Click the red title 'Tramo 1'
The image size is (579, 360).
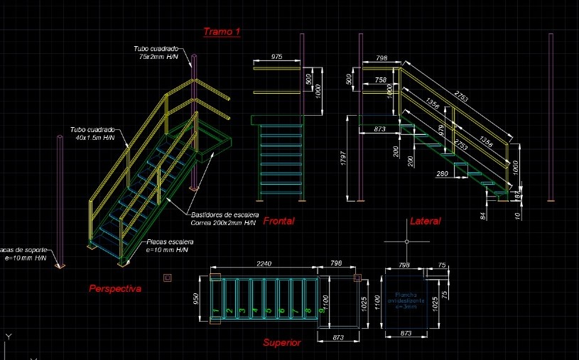point(222,31)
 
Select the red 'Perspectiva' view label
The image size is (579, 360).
point(114,289)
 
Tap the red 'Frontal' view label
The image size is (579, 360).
point(278,222)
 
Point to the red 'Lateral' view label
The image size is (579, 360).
point(425,222)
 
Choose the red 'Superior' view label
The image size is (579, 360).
point(282,343)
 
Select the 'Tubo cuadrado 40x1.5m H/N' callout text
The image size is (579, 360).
point(93,134)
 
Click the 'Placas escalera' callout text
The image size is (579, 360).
point(171,246)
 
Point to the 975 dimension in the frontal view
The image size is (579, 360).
point(276,57)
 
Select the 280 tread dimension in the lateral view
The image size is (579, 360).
point(442,173)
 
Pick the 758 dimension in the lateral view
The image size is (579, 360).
point(380,80)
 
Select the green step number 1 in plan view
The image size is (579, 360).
point(215,311)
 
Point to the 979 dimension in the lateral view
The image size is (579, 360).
point(441,130)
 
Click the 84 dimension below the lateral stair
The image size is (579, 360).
point(484,214)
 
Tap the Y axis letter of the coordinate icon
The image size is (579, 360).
point(8,336)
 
